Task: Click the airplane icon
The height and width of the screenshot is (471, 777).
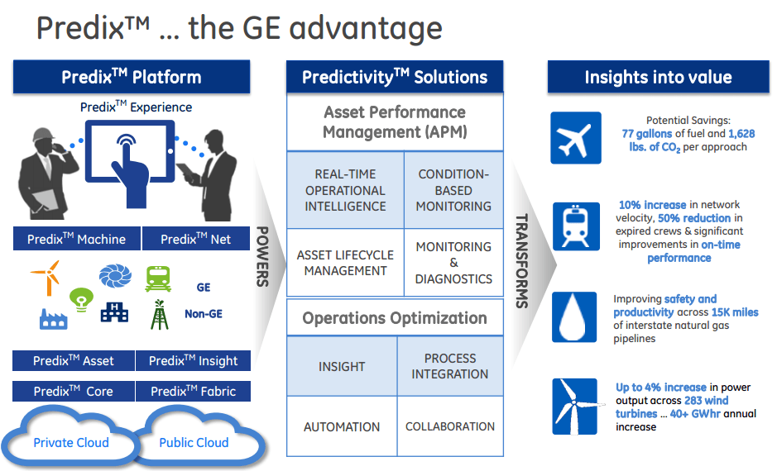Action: point(576,138)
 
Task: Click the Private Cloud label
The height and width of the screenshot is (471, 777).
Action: point(71,442)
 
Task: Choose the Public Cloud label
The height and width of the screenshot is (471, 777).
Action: point(194,442)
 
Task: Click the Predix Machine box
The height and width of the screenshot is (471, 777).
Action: point(76,240)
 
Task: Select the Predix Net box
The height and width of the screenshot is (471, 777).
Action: point(195,240)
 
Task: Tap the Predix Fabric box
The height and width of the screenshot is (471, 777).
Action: point(194,391)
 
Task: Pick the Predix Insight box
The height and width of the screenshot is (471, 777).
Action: point(194,361)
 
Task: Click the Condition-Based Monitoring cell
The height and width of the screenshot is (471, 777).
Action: point(453,190)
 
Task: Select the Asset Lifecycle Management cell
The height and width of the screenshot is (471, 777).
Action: point(344,263)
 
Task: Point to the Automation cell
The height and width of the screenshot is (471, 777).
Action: point(342,427)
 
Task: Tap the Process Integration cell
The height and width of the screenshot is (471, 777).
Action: point(450,366)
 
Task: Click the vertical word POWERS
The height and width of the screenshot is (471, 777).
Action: point(262,256)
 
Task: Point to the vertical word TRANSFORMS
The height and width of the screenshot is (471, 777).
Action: point(522,260)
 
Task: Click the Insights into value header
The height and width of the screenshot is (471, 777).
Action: point(658,78)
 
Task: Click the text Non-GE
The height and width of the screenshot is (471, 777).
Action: point(204,314)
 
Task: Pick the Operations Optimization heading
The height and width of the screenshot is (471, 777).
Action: point(394,318)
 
